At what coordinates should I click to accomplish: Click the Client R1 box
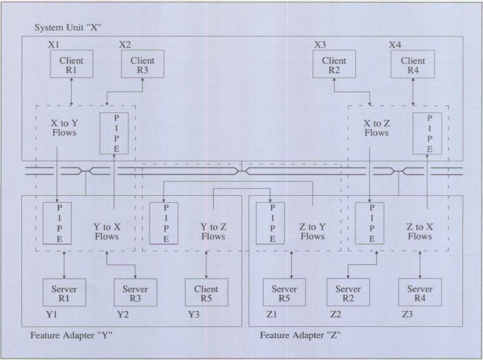tap(72, 65)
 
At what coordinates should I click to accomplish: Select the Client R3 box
tap(142, 65)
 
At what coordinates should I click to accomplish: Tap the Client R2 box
tap(335, 65)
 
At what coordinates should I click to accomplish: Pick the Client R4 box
tap(413, 65)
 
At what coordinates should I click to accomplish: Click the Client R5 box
tap(206, 293)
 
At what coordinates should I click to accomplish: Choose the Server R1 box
tap(64, 293)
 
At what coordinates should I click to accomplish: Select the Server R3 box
tap(135, 293)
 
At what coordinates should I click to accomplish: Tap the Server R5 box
tap(284, 293)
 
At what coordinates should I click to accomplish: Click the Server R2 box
tap(348, 293)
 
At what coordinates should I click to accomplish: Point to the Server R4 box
tap(420, 293)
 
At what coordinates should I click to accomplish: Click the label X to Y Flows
tap(64, 128)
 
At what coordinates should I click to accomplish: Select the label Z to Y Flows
tap(312, 231)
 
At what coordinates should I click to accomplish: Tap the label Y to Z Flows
tap(213, 231)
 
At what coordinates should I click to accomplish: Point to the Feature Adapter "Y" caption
tap(72, 336)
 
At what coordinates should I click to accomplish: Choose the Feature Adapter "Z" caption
tap(300, 336)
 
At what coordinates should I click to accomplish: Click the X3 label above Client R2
tap(320, 45)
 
